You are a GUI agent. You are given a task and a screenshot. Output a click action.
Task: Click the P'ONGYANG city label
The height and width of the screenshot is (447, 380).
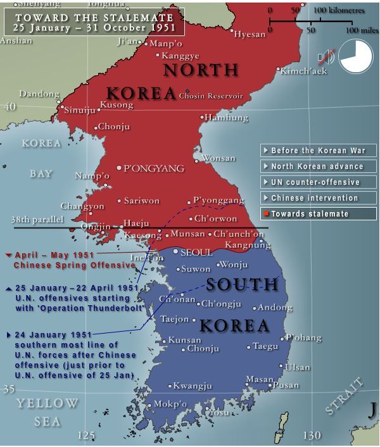(x=154, y=168)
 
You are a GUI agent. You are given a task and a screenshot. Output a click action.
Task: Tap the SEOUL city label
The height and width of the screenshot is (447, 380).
(x=196, y=252)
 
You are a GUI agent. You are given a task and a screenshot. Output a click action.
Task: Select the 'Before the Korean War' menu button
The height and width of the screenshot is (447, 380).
(x=318, y=151)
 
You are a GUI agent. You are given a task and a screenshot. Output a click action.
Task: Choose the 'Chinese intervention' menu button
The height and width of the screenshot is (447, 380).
(x=318, y=198)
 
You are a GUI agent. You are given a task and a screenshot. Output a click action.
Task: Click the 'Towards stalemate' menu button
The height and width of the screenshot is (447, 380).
(x=318, y=214)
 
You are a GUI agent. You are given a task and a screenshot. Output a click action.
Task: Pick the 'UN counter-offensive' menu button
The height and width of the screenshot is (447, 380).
(x=318, y=182)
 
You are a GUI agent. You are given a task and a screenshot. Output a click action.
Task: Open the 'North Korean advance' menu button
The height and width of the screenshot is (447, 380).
(x=318, y=167)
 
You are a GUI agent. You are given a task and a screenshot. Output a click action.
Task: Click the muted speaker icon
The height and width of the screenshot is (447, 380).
(x=326, y=57)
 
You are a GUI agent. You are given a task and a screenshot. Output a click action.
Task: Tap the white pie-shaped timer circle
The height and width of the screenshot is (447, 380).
(x=355, y=56)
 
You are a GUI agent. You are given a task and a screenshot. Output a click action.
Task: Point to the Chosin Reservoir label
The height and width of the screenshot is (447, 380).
(x=211, y=96)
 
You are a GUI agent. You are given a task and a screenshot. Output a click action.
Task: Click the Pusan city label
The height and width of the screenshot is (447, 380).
(x=286, y=384)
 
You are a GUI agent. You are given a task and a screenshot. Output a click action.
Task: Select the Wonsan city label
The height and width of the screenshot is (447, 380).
(x=218, y=158)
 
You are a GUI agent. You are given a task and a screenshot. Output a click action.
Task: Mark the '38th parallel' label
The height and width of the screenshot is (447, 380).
(x=37, y=220)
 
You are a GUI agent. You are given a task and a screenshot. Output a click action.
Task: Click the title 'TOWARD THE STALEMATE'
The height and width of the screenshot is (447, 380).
(x=94, y=18)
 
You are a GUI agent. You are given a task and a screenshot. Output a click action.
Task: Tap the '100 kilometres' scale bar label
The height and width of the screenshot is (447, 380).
(x=338, y=10)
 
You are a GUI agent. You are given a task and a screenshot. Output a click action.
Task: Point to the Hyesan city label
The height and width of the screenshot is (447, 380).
(x=250, y=34)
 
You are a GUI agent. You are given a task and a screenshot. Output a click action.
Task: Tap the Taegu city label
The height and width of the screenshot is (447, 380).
(x=265, y=346)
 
